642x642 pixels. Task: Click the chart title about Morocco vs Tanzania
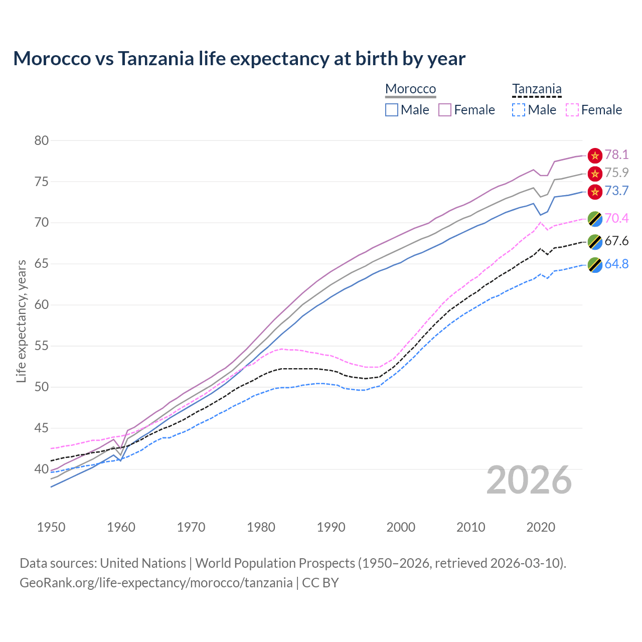[239, 59]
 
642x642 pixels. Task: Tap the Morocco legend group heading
[410, 89]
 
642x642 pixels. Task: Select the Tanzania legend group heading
[537, 89]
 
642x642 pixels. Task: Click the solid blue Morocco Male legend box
[392, 110]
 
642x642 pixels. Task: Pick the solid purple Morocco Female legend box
[445, 110]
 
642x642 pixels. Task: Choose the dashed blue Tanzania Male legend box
[519, 110]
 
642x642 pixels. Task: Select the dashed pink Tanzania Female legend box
[572, 110]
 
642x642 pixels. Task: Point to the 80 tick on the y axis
[42, 140]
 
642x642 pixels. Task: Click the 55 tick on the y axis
[42, 346]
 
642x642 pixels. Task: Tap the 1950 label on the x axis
[51, 527]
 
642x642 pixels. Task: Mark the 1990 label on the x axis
[331, 527]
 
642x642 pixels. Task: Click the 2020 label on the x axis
[541, 527]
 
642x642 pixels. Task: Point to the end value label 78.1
[616, 154]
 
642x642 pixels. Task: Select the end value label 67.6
[616, 241]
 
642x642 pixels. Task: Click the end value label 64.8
[616, 264]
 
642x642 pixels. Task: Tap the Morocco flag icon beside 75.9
[595, 174]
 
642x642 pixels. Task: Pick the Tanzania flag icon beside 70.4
[595, 219]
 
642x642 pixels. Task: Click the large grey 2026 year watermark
[529, 480]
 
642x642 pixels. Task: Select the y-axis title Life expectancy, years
[22, 321]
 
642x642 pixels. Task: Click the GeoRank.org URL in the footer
[156, 583]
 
